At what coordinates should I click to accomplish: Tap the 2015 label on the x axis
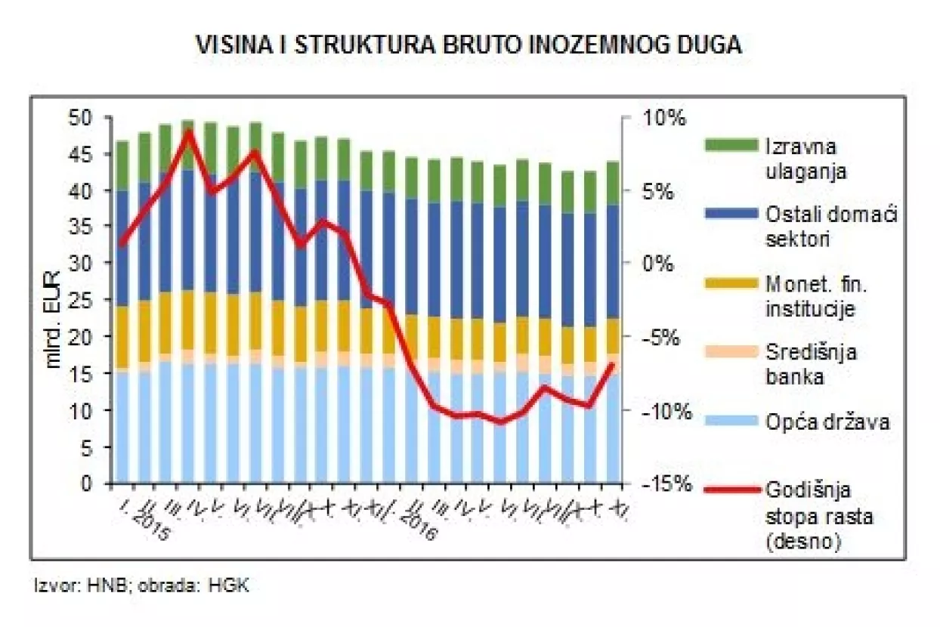pos(151,524)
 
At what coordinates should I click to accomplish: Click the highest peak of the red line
pos(189,132)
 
